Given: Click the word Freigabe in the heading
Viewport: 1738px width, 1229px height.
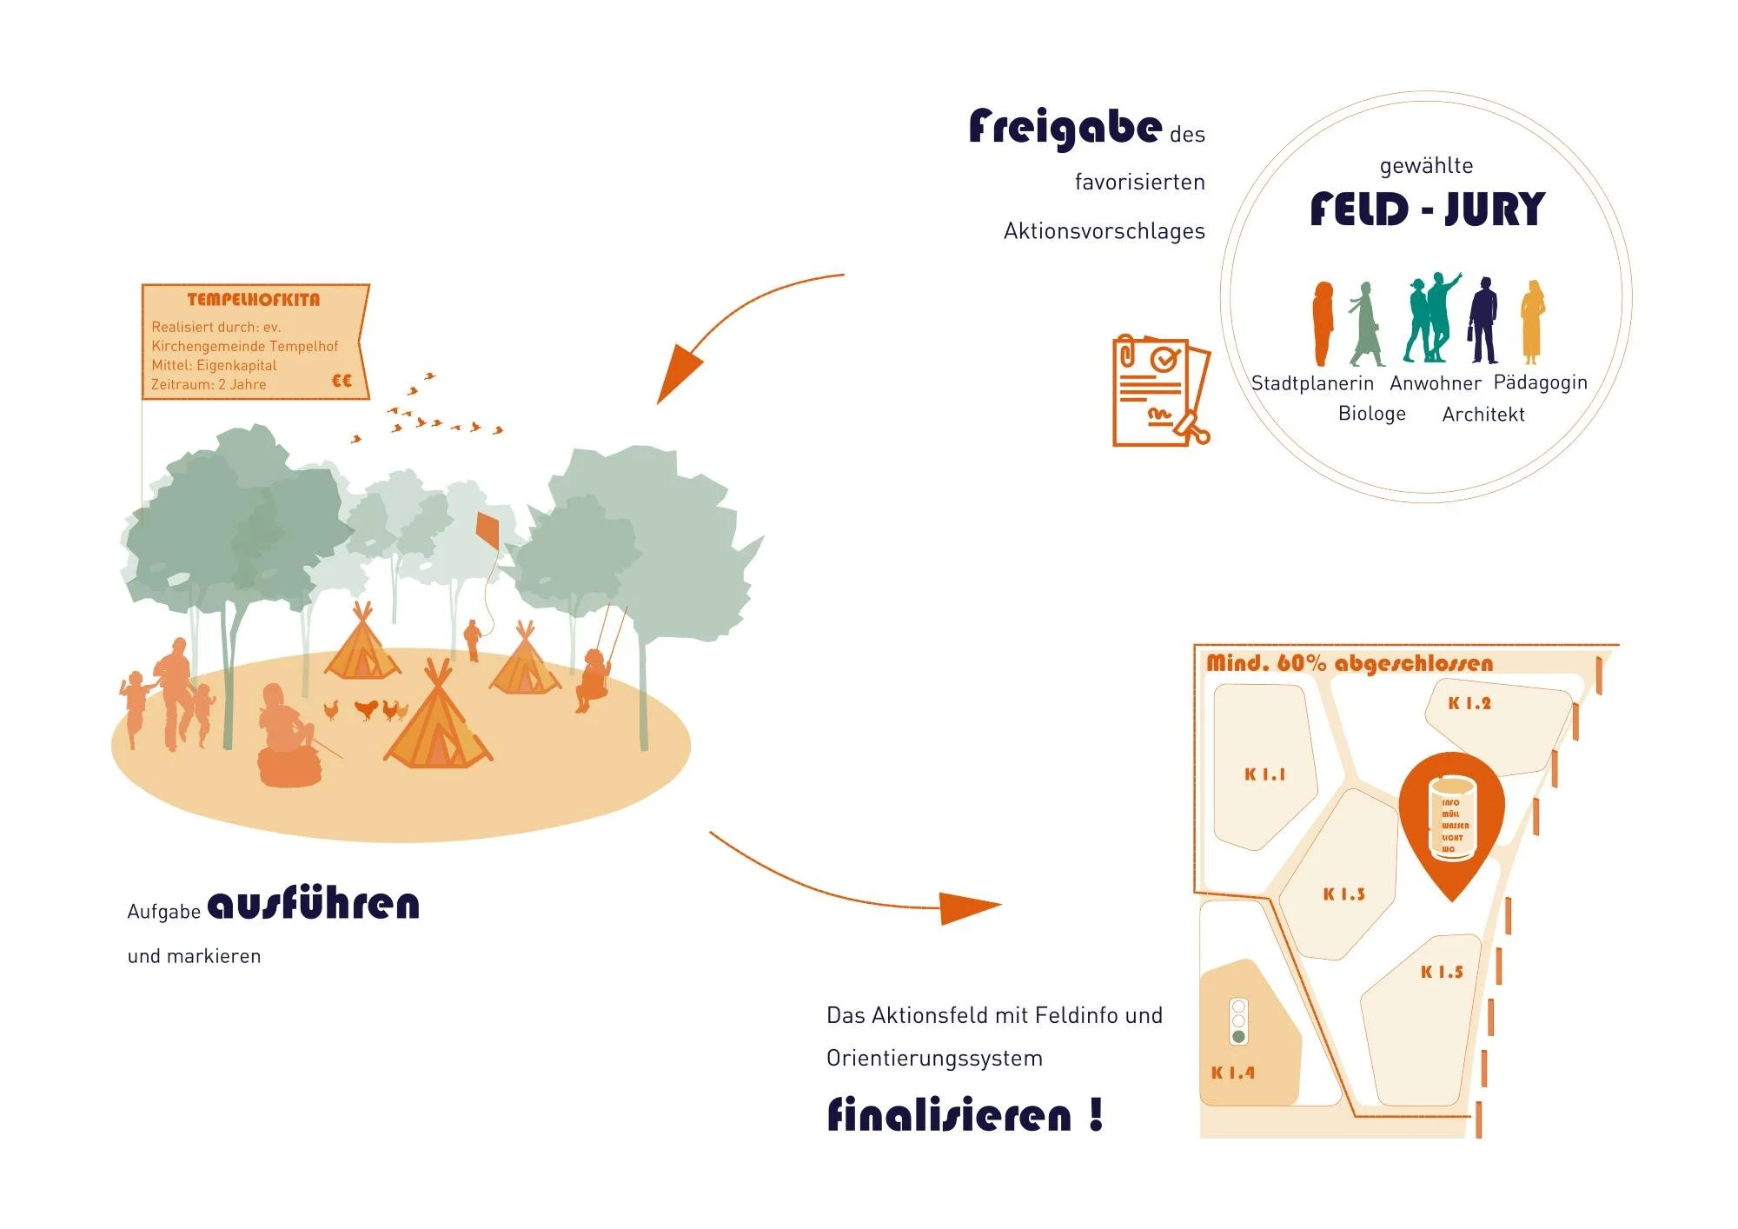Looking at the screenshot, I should coord(1065,128).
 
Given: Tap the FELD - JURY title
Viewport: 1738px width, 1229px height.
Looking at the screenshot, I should coord(1427,209).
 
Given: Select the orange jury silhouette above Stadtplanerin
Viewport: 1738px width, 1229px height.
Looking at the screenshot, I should coord(1323,322).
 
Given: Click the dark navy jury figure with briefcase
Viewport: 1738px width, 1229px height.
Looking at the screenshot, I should coord(1483,321).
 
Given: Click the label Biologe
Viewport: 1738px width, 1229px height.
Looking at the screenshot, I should coord(1371,414).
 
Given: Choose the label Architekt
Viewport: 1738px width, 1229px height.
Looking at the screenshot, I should coord(1483,415).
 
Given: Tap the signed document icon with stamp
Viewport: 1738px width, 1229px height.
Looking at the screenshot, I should coord(1160,390).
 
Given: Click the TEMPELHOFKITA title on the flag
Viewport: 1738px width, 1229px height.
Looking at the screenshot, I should coord(254,300).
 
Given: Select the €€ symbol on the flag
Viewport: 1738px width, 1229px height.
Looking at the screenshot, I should coord(342,381).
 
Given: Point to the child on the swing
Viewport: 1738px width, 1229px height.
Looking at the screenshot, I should coord(594,679).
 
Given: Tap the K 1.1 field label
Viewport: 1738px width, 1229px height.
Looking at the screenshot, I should coord(1264,774).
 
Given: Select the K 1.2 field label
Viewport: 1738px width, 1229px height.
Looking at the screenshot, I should coord(1469,704).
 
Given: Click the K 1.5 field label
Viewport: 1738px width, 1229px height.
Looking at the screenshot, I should coord(1442,973).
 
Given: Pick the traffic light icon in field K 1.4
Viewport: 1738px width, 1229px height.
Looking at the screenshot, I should coord(1238,1020).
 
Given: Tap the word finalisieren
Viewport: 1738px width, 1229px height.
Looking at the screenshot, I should coord(949,1115).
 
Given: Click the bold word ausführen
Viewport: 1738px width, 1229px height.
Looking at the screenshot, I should coord(314,905).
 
